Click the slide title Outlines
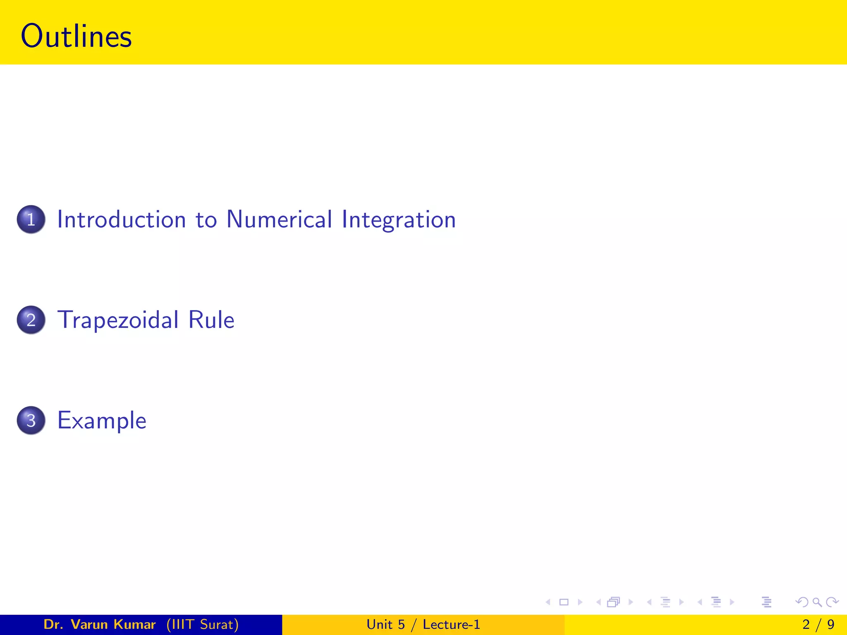tap(76, 36)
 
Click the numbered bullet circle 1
tap(31, 219)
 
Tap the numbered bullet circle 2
tap(31, 320)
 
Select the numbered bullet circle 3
tap(31, 420)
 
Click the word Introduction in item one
tap(121, 219)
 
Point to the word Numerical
tap(279, 219)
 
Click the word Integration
tap(399, 220)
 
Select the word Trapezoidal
tap(118, 320)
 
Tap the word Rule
tap(211, 320)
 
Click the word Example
tap(102, 421)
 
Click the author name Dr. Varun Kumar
tap(99, 624)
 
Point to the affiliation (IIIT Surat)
tap(203, 624)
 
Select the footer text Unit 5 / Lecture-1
tap(423, 624)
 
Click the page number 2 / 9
tap(818, 624)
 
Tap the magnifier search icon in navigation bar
tap(817, 602)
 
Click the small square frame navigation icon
tap(564, 602)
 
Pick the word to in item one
tap(206, 220)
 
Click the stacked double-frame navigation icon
tap(613, 602)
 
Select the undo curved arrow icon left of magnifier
tap(802, 602)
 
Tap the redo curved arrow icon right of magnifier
tap(832, 602)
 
